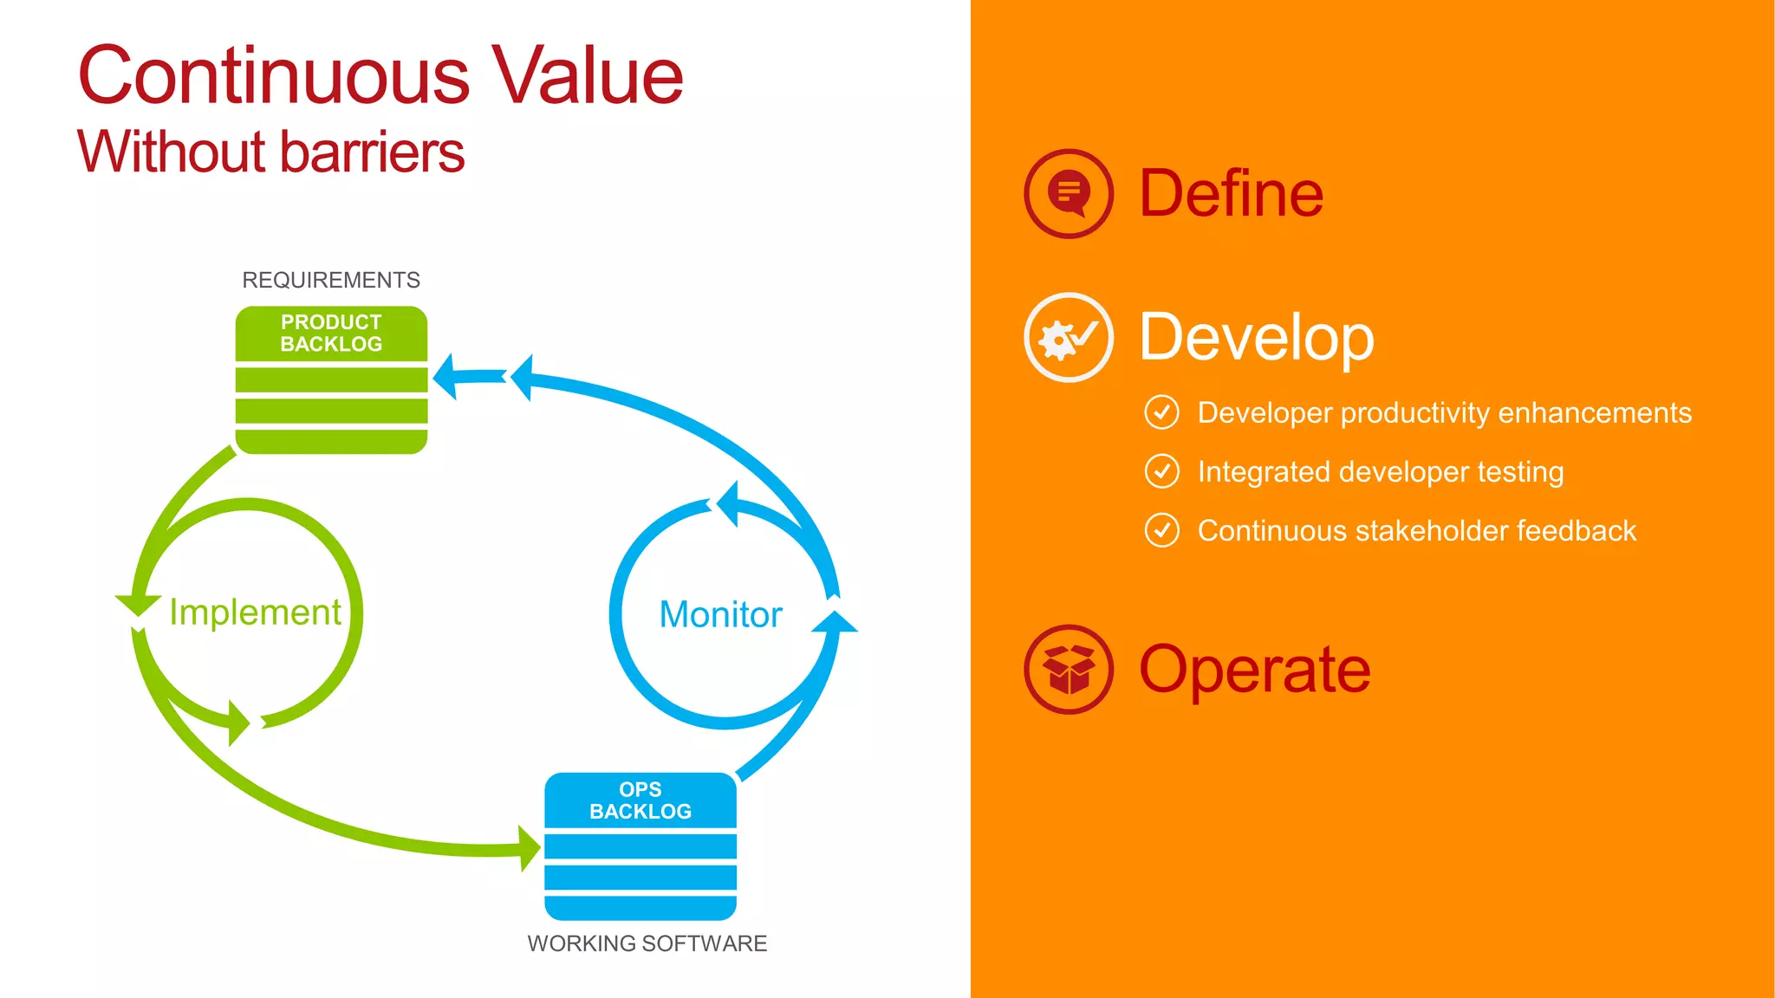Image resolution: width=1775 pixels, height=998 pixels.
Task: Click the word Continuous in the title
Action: click(x=273, y=76)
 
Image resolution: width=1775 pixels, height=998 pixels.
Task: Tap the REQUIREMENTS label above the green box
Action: click(x=330, y=280)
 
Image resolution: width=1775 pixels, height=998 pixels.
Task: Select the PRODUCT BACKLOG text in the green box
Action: click(x=331, y=333)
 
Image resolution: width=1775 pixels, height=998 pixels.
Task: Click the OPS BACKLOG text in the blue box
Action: click(x=640, y=800)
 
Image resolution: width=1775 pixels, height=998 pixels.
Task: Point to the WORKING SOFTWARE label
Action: click(x=647, y=943)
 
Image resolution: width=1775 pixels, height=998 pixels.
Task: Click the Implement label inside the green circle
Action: click(x=255, y=612)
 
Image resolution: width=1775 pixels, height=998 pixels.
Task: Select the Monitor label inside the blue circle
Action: click(x=720, y=614)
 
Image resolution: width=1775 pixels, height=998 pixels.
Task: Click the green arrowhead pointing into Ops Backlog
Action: click(x=530, y=848)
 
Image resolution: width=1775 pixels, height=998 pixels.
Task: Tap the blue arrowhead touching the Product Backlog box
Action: click(x=445, y=377)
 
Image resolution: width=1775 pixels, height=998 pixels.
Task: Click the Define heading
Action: click(x=1231, y=193)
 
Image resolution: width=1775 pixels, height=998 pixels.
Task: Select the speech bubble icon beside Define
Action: click(x=1069, y=193)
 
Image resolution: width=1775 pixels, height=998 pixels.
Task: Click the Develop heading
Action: click(x=1256, y=337)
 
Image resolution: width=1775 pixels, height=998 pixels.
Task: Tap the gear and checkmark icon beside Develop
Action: click(x=1069, y=338)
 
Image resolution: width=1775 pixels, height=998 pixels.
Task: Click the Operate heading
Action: click(x=1254, y=670)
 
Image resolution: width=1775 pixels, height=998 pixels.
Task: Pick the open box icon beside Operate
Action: click(x=1069, y=670)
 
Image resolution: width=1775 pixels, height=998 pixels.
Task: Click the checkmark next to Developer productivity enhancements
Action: click(x=1161, y=412)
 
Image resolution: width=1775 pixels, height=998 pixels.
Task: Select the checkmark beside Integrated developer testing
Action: click(x=1161, y=471)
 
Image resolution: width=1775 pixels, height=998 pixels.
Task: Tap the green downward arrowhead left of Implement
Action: click(x=138, y=604)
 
